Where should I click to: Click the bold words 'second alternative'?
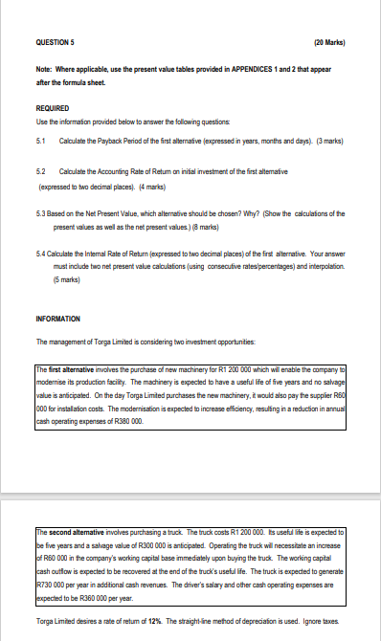coord(63,529)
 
